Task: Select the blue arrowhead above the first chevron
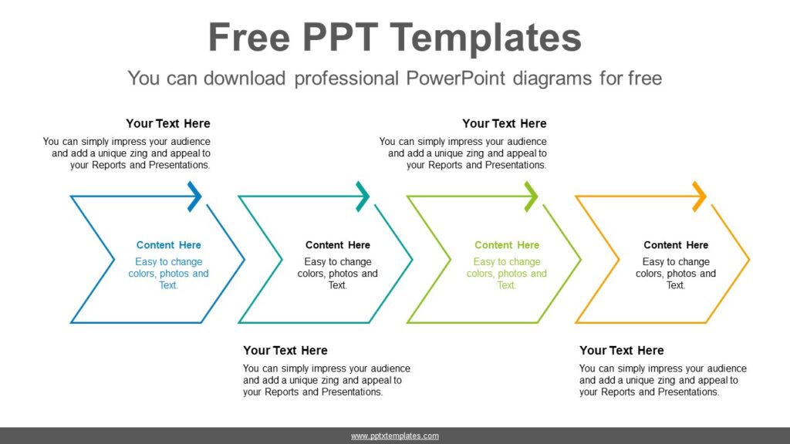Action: click(x=195, y=197)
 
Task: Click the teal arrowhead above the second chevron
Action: click(x=363, y=197)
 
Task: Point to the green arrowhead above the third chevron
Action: click(x=532, y=197)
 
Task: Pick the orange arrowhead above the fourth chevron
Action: click(x=700, y=197)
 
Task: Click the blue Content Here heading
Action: click(x=168, y=245)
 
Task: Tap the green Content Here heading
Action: click(x=507, y=245)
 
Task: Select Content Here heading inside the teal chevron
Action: click(x=338, y=245)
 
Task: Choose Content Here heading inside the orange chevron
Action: click(x=676, y=245)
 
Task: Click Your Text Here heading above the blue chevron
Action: click(x=168, y=123)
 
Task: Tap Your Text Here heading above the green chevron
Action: click(x=505, y=123)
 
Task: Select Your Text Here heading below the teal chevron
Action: click(x=285, y=351)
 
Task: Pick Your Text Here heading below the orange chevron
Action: click(x=622, y=351)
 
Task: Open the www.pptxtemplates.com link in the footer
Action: click(x=395, y=436)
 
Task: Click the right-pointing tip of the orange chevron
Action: click(x=748, y=259)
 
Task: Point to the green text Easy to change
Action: click(x=507, y=262)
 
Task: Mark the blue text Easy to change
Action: click(x=168, y=262)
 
